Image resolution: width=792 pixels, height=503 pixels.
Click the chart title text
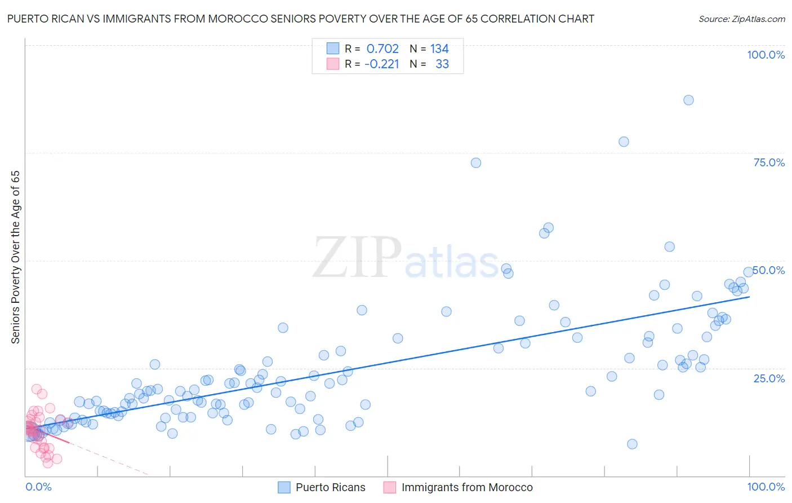point(300,19)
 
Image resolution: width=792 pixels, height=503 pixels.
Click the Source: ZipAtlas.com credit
point(741,19)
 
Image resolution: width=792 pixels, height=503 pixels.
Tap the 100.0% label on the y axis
point(766,55)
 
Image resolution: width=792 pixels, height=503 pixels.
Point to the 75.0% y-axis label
point(769,162)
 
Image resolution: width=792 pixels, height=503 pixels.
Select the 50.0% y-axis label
point(769,270)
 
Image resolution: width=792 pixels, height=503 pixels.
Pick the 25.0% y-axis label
point(769,378)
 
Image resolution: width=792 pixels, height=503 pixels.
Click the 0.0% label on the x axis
point(38,487)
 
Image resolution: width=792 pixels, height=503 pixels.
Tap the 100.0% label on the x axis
point(766,487)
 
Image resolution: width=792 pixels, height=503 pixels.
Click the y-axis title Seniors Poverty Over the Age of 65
point(16,257)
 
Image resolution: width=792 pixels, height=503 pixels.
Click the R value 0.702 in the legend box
point(382,49)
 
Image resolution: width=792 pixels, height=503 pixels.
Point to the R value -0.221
point(381,64)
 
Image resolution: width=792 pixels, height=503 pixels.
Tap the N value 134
point(439,49)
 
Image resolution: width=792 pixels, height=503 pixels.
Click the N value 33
point(442,64)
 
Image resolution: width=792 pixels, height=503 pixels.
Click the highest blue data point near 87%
point(688,100)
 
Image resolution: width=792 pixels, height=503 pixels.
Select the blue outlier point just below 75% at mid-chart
point(476,163)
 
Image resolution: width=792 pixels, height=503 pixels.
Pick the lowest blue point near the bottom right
point(632,444)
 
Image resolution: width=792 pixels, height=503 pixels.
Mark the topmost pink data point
point(37,389)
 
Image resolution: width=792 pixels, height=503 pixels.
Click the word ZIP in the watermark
point(357,258)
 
